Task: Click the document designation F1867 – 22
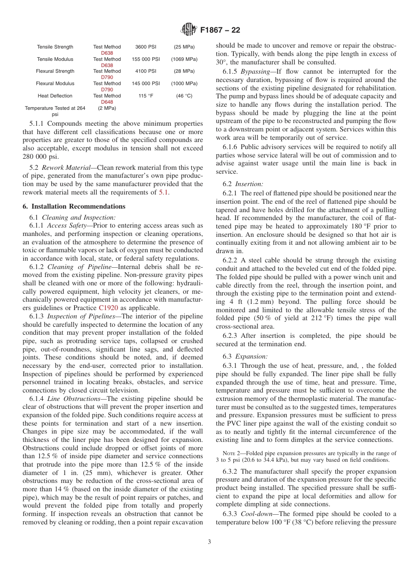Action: pos(220,30)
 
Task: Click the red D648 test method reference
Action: pos(107,102)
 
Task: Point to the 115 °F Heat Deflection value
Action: pos(146,96)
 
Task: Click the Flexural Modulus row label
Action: pos(55,83)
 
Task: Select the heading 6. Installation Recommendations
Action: pos(74,206)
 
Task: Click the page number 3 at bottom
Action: pos(209,542)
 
